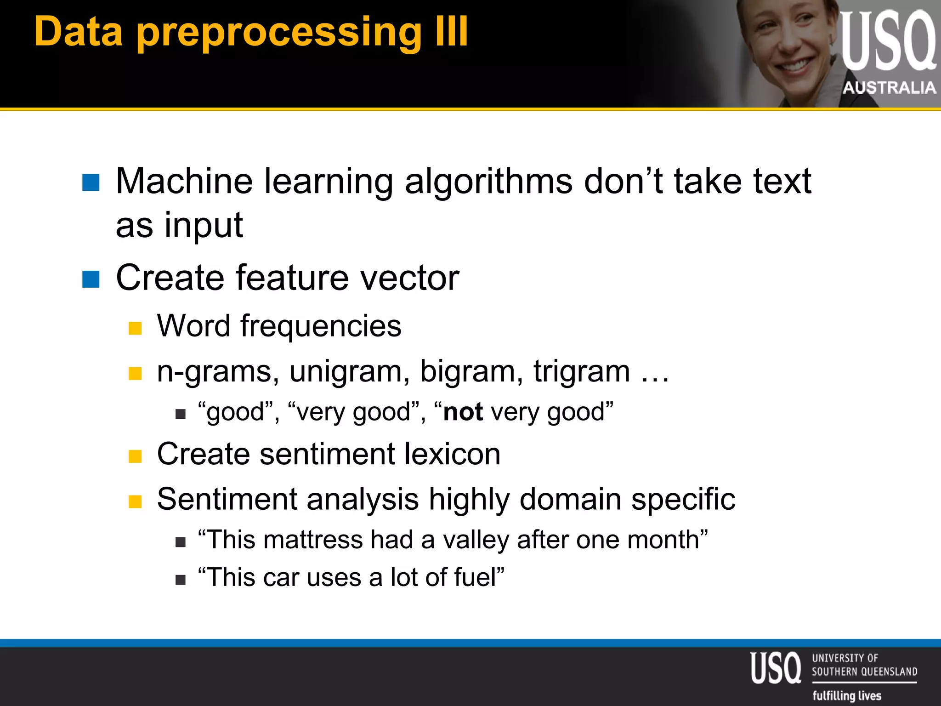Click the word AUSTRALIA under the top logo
889,87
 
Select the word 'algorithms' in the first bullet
488,182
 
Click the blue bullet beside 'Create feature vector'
91,279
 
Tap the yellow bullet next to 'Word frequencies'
135,328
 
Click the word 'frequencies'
321,326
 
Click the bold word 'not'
463,412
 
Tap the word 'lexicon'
453,454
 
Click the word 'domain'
570,499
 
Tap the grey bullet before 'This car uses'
181,580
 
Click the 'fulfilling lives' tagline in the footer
847,695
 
